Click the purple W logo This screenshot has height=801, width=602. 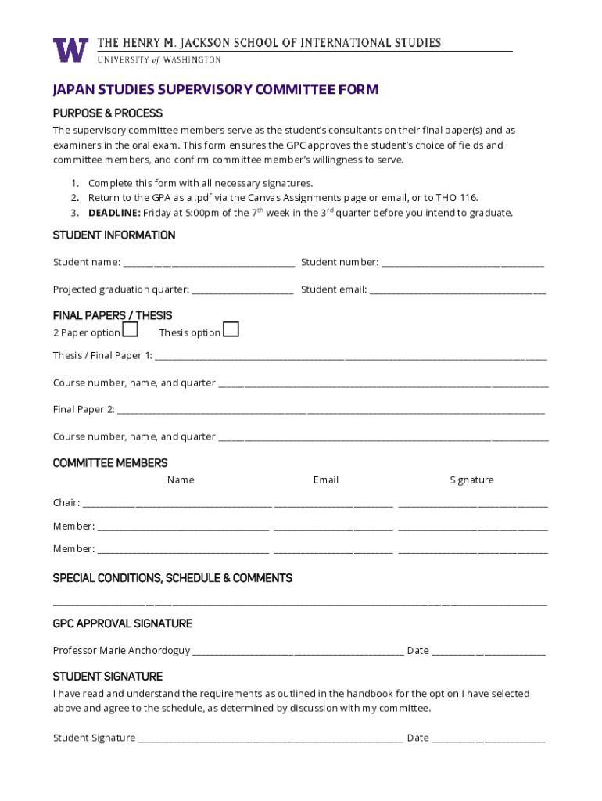[x=70, y=50]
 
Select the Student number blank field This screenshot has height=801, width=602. [x=462, y=264]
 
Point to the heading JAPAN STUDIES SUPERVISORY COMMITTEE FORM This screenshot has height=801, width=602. [x=215, y=90]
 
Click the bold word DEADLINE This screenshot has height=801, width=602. [x=114, y=213]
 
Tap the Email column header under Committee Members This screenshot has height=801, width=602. [x=326, y=480]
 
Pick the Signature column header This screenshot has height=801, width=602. [x=471, y=480]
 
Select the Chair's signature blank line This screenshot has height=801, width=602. [x=472, y=504]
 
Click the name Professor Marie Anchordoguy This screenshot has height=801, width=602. [x=121, y=651]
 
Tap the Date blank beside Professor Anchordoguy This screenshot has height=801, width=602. [x=488, y=652]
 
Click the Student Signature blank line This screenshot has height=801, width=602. [x=271, y=738]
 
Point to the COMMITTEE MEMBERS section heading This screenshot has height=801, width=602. [x=110, y=463]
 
